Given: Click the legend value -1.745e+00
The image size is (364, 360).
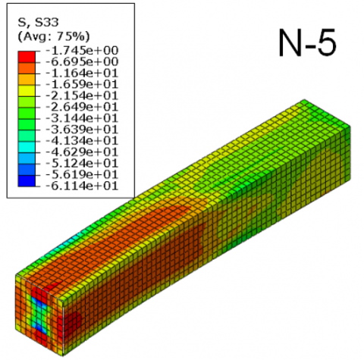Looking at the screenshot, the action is [82, 51].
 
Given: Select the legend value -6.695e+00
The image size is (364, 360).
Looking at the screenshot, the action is [82, 62].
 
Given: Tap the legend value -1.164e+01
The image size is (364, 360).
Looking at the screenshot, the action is [82, 74].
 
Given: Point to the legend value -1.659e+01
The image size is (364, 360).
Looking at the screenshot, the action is [82, 84].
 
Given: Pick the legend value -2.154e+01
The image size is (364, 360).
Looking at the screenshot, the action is [82, 95].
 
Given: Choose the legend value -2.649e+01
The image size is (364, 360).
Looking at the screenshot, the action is [82, 107].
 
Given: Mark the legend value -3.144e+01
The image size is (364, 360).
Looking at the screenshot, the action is [82, 118].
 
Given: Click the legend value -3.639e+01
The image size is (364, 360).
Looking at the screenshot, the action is [82, 130].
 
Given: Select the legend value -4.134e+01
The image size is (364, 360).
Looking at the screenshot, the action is [82, 141].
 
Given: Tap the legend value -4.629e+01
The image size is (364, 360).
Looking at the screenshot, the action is [82, 152].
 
